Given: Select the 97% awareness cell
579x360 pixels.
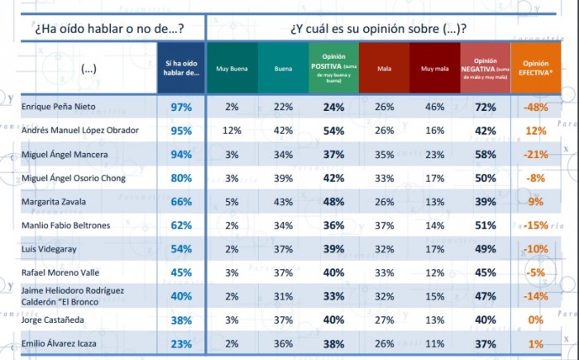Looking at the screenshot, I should (181, 108).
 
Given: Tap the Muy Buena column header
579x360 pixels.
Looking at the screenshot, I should (232, 68).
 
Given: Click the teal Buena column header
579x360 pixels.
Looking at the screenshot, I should (284, 68).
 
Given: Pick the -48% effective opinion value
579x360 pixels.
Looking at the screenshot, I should (534, 108).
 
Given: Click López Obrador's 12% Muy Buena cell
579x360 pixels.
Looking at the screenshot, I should (232, 131).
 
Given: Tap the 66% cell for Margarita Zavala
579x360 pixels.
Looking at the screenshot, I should (181, 201).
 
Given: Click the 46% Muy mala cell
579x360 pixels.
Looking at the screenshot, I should (433, 108).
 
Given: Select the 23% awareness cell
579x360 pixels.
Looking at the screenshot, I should (181, 343).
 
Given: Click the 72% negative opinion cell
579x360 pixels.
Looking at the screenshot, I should (486, 108).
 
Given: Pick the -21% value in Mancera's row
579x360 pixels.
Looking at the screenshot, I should (534, 155).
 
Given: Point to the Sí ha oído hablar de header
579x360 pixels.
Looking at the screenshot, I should (181, 68).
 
